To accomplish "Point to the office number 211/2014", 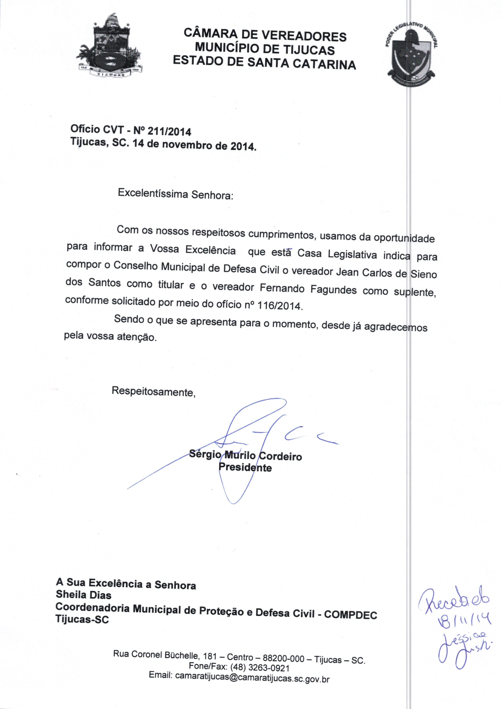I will tap(169, 132).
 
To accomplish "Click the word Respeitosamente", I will tap(153, 391).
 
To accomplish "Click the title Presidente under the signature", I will tap(245, 467).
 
